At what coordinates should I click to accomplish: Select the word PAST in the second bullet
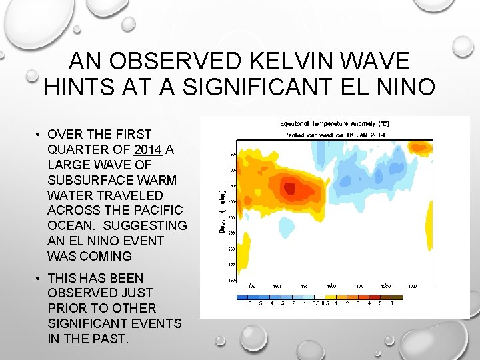coord(114,339)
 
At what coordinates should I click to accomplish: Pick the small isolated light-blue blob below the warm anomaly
coord(288,229)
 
